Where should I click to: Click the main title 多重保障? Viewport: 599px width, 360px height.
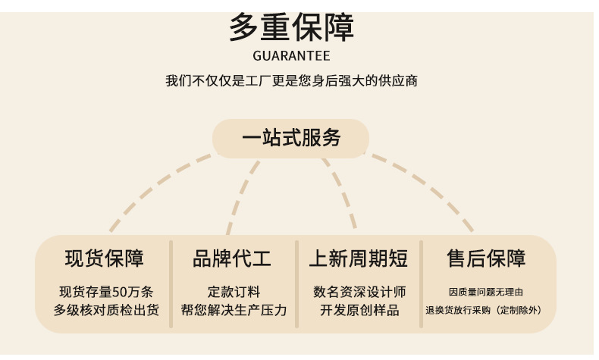(291, 29)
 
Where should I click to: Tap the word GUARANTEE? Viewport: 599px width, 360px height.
(291, 56)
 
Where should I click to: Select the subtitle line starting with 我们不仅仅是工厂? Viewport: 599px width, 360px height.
(291, 80)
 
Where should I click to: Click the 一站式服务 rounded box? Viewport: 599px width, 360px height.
(291, 139)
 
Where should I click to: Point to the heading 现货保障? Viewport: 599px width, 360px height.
(104, 258)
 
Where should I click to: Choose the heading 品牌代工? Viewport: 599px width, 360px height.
(232, 258)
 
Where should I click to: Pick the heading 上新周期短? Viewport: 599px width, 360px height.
(358, 258)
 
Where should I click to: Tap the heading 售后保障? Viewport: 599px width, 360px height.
(486, 258)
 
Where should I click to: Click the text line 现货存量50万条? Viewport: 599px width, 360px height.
(106, 292)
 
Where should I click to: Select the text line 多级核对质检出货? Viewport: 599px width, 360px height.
(106, 310)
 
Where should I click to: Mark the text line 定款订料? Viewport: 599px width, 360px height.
(234, 292)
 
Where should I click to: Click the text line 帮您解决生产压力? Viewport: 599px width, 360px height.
(234, 310)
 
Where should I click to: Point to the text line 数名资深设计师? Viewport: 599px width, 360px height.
(359, 292)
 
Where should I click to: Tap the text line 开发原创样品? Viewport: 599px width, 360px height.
(359, 310)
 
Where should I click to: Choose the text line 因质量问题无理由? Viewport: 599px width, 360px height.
(486, 292)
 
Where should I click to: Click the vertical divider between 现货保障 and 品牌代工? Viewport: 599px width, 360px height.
(171, 284)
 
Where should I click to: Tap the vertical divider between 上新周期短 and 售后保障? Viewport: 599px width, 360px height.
(422, 284)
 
